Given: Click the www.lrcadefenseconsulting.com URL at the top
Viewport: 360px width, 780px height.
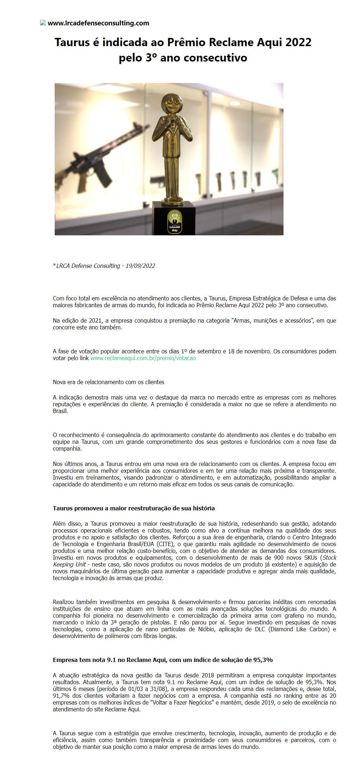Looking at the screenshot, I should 98,23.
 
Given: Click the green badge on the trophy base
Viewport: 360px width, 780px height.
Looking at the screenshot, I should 174,222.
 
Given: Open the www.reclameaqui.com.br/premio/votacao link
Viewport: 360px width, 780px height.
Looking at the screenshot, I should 143,358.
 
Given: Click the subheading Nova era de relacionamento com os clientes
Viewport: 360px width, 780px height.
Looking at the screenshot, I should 108,382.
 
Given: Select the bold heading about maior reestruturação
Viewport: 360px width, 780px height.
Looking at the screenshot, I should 134,508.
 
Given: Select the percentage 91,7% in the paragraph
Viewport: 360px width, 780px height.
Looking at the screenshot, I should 61,696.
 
